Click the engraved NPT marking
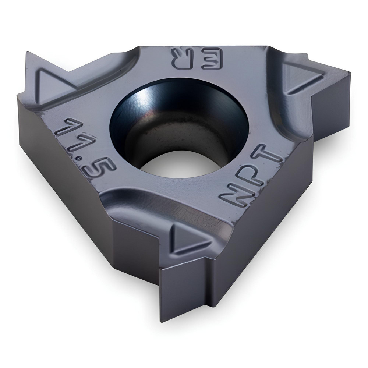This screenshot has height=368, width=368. [x=251, y=173]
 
